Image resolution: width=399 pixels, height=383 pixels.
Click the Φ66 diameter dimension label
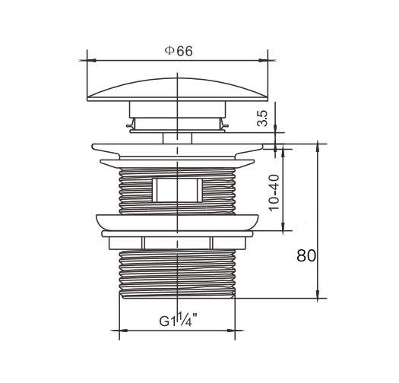tap(179, 51)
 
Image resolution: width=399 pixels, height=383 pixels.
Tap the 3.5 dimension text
tap(262, 119)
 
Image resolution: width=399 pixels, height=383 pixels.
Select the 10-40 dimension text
tap(274, 193)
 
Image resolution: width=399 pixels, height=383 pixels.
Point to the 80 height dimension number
tap(306, 255)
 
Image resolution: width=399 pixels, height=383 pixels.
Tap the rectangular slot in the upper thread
tap(177, 190)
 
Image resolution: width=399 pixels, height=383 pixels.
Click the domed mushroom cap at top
tap(177, 90)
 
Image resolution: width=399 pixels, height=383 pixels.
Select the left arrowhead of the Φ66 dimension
tap(91, 61)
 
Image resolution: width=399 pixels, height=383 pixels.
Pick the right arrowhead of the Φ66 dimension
tap(264, 61)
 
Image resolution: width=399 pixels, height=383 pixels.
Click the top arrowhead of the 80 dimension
tap(318, 148)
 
